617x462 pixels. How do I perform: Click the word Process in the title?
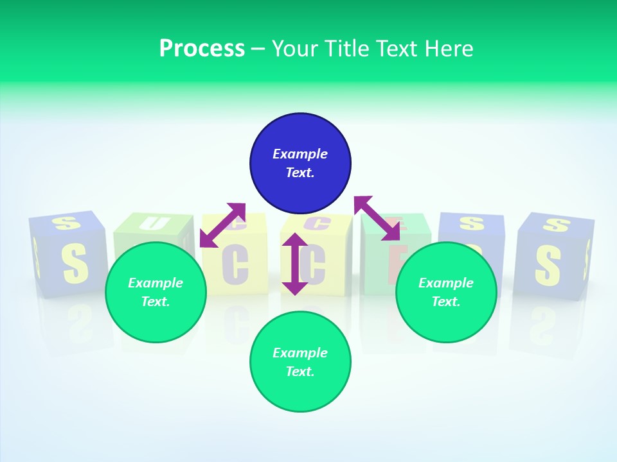(202, 48)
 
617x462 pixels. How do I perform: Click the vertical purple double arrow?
(295, 264)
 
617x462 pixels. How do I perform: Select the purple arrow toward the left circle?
(222, 225)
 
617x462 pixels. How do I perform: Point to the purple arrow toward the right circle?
(377, 218)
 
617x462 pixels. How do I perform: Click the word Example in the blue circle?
(300, 154)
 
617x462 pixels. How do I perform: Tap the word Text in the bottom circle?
(300, 372)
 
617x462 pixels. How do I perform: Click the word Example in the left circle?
(156, 283)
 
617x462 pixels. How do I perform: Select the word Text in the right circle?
(446, 302)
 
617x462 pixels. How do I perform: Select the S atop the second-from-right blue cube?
(471, 223)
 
